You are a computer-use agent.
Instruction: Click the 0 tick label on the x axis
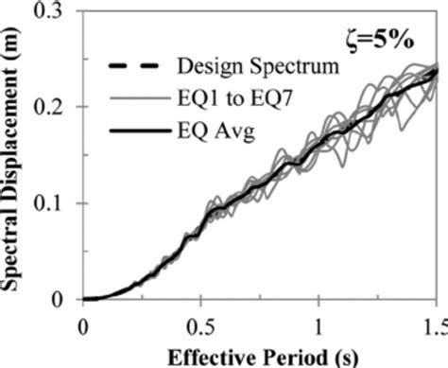(x=83, y=324)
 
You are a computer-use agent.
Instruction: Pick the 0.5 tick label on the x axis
(x=200, y=324)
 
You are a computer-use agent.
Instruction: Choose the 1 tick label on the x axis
(x=319, y=324)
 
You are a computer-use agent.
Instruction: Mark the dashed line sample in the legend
(x=129, y=66)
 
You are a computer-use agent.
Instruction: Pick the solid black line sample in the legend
(x=129, y=122)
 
